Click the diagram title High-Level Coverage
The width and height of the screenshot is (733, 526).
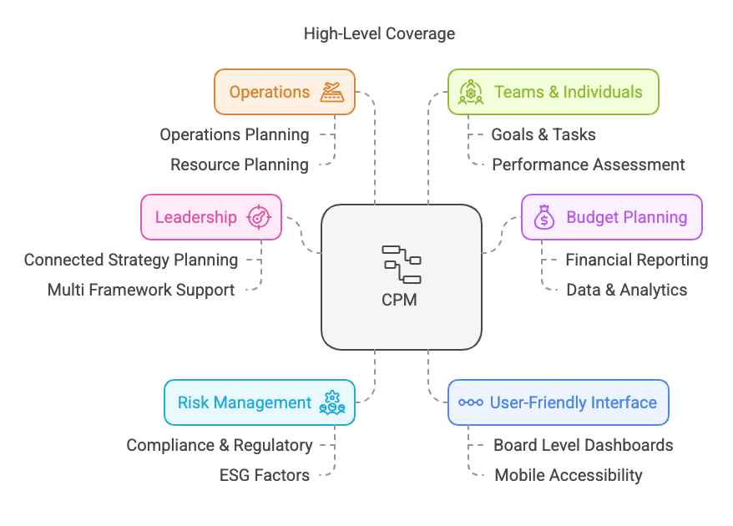tap(380, 34)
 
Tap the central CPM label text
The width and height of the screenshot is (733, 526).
tap(401, 300)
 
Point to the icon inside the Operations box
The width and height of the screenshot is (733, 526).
tap(332, 92)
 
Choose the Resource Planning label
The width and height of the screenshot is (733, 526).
tap(240, 164)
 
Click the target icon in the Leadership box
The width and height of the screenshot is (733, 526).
tap(260, 218)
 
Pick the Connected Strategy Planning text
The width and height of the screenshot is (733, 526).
tap(131, 260)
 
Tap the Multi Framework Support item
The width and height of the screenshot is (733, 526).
tap(141, 290)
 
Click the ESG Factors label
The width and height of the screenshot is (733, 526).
tap(265, 475)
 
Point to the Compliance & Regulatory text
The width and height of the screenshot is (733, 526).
tap(220, 445)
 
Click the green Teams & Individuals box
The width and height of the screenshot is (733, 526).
tap(553, 92)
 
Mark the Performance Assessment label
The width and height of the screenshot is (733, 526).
tap(589, 164)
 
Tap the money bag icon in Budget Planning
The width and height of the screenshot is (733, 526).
tap(543, 218)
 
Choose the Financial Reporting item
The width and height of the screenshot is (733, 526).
tap(637, 260)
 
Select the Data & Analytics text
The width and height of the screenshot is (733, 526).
tap(627, 290)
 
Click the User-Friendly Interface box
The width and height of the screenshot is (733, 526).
tap(558, 402)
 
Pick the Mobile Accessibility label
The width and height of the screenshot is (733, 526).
tap(569, 475)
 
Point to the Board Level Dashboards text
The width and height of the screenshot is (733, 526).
tap(584, 445)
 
